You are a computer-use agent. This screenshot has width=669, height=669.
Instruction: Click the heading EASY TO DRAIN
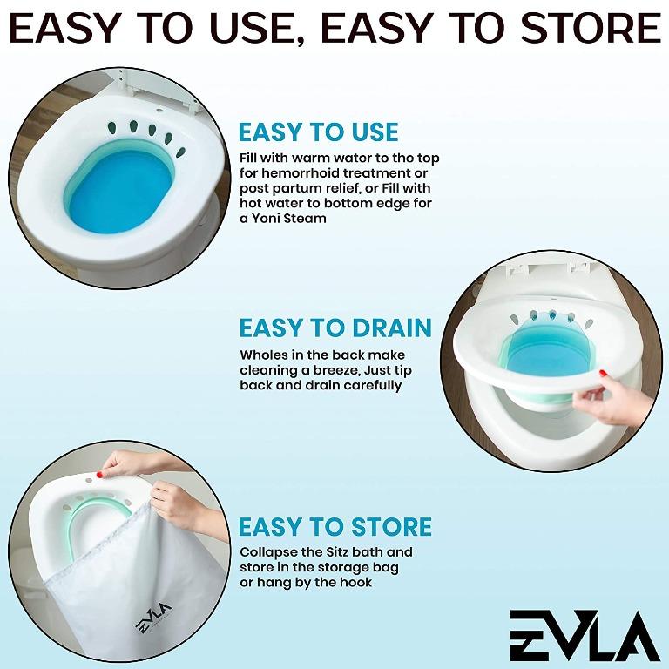point(335,328)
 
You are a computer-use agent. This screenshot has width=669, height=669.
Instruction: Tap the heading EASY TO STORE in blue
point(335,527)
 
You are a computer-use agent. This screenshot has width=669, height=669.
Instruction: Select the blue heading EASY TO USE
point(318,132)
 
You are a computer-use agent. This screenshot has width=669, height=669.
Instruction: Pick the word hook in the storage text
point(355,582)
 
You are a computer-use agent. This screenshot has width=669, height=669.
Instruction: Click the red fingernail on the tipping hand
point(603,373)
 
